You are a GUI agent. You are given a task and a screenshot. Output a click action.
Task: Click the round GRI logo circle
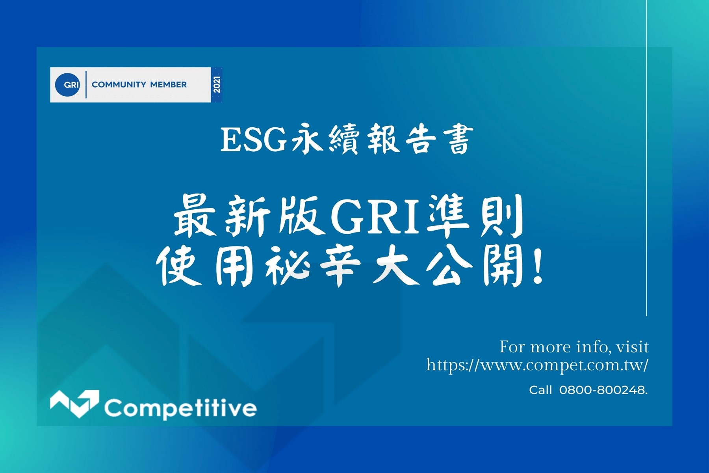67,84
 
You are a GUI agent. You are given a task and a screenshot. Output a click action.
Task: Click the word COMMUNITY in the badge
119,84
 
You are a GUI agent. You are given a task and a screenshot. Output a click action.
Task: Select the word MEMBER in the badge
168,84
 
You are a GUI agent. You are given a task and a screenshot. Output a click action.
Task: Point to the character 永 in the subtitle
307,140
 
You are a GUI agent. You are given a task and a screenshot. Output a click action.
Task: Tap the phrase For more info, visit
574,347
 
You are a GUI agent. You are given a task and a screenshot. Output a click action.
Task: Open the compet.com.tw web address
537,365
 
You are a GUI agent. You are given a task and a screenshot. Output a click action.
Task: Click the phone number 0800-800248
603,390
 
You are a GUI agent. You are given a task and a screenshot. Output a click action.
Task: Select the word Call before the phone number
540,390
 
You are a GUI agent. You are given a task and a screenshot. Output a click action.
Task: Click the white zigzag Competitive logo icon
74,404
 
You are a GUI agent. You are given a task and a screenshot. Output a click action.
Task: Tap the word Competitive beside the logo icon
180,408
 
